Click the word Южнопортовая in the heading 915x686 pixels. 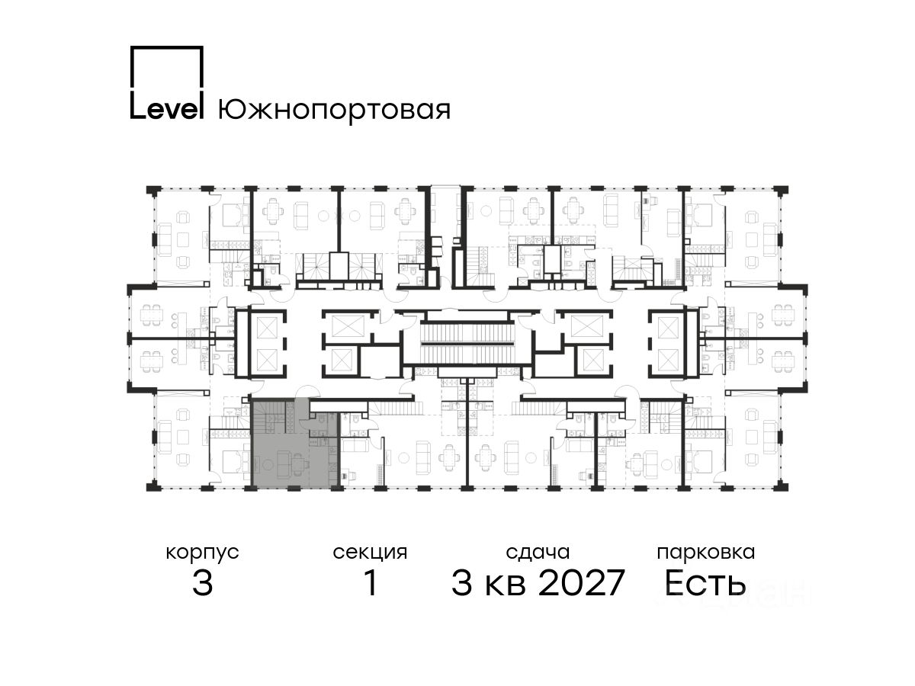tap(334, 110)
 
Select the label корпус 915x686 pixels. tap(202, 553)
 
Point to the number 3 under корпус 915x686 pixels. tap(203, 583)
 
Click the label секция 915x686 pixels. tap(370, 553)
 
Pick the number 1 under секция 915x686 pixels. tap(371, 583)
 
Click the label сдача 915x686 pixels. tap(538, 553)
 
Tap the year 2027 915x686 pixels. tap(582, 583)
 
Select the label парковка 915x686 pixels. tap(706, 553)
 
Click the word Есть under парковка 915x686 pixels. tap(705, 583)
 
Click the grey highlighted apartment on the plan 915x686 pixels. tap(295, 443)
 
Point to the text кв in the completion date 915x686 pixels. tap(506, 587)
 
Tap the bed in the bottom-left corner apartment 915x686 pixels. tap(230, 462)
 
